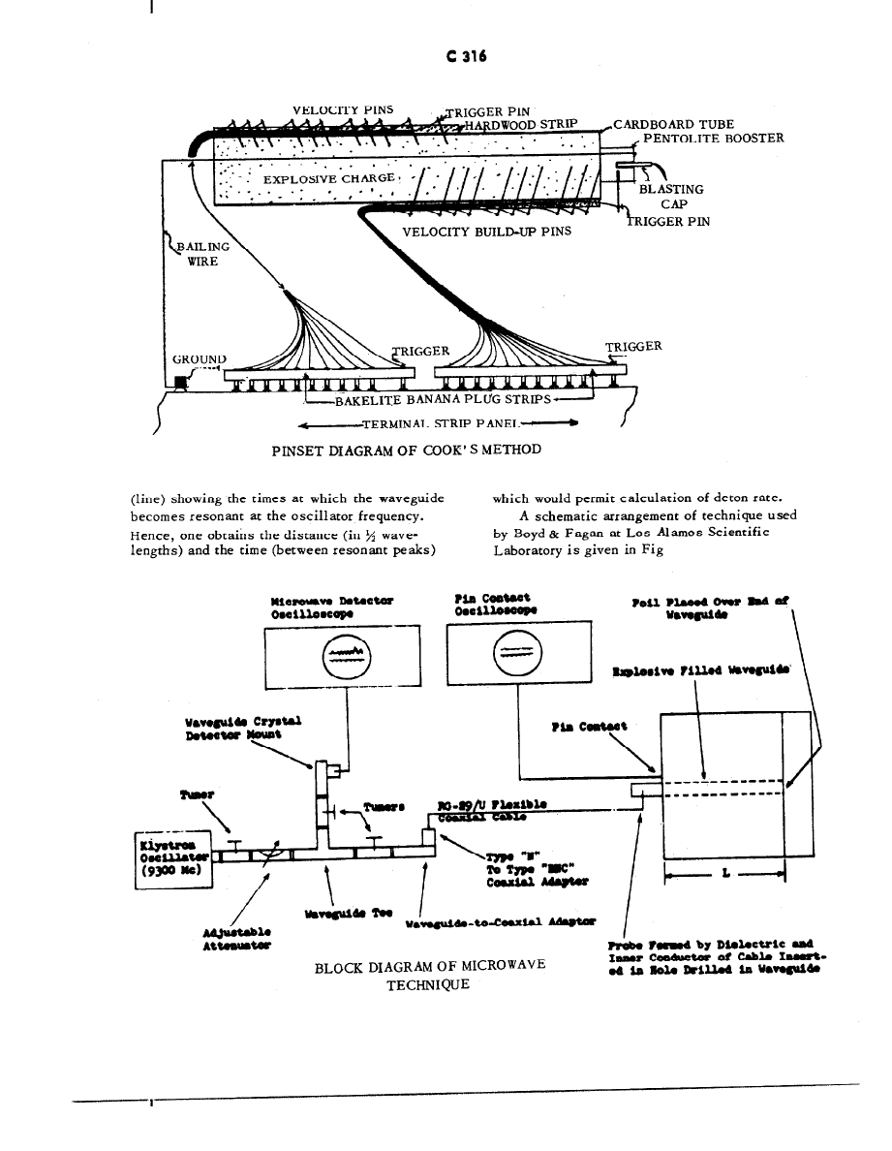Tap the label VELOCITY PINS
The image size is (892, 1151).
coord(343,109)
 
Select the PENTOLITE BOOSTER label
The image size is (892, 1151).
coord(714,138)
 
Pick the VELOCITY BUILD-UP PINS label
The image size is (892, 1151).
coord(486,232)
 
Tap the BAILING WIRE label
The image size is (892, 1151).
coord(202,254)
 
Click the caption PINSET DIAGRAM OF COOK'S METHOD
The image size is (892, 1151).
coord(406,449)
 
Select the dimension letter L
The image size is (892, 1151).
coord(725,874)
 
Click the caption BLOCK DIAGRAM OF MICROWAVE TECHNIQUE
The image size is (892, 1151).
coord(430,975)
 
